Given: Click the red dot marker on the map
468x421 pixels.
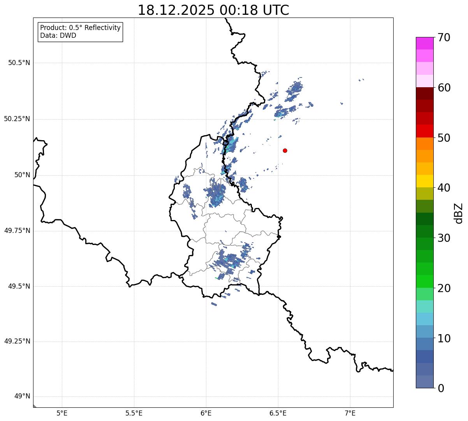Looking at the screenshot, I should pos(285,150).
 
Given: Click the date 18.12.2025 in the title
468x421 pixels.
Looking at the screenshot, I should pos(176,10).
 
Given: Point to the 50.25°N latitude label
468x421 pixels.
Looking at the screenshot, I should pos(17,119).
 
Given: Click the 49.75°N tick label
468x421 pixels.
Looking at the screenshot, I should pos(17,231).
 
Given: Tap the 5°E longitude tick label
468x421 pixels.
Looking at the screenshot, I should pos(62,413).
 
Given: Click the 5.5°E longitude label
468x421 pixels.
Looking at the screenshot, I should pos(134,413).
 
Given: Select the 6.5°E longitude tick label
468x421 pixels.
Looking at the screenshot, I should pos(278,413).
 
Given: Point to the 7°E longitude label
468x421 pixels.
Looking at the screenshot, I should pos(350,413).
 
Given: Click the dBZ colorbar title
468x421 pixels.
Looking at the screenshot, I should pos(459,213).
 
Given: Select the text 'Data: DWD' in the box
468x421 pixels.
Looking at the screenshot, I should pos(58,35).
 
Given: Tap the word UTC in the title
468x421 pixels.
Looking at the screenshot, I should pos(276,10).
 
